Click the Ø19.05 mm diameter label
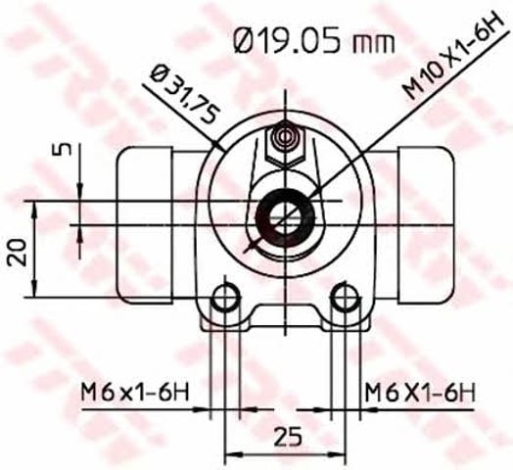(314, 41)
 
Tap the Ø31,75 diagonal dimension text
(184, 96)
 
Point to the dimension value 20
(18, 252)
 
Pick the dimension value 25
(287, 437)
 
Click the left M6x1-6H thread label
(135, 392)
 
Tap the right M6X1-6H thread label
(420, 392)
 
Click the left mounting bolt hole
(225, 298)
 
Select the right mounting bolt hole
(346, 298)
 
